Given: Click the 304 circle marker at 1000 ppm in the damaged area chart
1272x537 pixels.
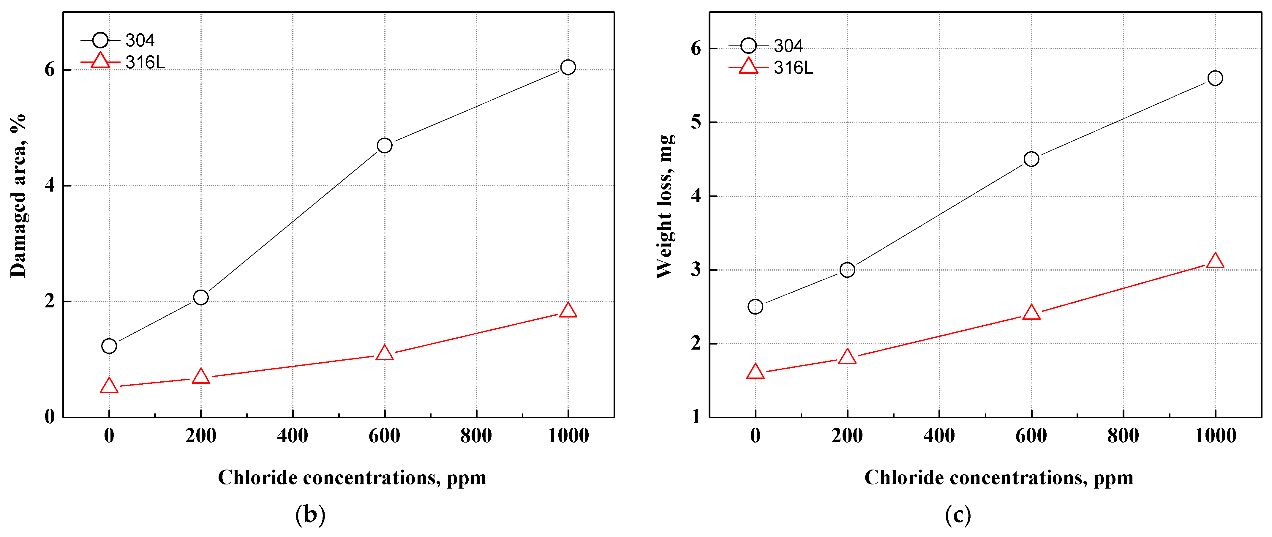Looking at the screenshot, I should [568, 67].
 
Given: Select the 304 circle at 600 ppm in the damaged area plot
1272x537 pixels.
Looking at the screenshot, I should [384, 146].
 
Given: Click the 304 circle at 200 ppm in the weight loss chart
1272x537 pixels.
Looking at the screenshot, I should [847, 270].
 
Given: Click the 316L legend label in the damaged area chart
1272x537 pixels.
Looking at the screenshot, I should [145, 63].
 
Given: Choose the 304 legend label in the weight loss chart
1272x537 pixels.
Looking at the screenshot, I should [788, 46].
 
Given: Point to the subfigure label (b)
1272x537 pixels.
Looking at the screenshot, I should [310, 515].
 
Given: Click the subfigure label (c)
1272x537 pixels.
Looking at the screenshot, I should [958, 515].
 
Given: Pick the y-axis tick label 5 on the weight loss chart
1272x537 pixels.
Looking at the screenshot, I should [696, 122].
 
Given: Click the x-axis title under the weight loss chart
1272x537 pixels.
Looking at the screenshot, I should [998, 478].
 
